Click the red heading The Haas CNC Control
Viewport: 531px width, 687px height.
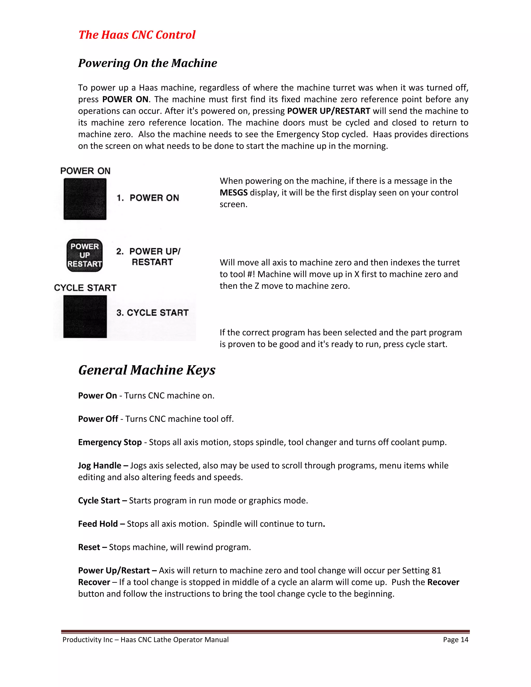pos(137,34)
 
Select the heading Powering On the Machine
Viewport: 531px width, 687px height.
pos(148,63)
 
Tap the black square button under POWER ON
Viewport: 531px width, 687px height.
pos(85,199)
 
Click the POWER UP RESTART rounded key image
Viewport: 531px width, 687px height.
pos(85,255)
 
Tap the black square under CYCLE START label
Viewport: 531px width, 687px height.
pos(85,317)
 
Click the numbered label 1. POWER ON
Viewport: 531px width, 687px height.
pos(148,198)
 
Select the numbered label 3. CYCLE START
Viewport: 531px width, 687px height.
pos(152,313)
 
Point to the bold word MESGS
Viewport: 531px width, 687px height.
pos(233,193)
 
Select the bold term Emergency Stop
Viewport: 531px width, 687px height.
pos(110,442)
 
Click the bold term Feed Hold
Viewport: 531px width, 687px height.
pos(98,524)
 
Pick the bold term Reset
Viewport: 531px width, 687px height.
pos(89,547)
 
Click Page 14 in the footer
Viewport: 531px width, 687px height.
pos(456,640)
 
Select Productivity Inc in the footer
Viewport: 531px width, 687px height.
pos(87,640)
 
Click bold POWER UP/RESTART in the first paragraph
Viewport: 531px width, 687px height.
pos(329,111)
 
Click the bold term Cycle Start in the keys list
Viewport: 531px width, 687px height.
pos(99,500)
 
